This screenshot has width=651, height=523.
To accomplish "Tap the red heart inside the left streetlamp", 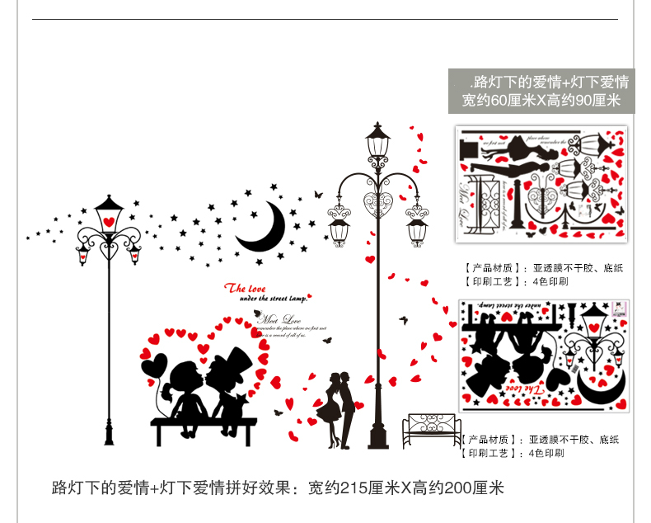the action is click(108, 221).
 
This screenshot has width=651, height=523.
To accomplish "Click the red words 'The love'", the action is click(246, 289).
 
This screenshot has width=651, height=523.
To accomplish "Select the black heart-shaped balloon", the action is click(154, 365).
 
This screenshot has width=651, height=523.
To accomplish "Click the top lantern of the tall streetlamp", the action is click(378, 145).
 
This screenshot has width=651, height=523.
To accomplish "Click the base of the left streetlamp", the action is click(108, 433).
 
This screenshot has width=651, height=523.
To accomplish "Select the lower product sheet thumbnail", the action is click(545, 356).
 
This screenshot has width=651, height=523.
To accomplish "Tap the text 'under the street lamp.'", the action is click(273, 300).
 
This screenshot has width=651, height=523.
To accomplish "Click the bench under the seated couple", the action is click(204, 426).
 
